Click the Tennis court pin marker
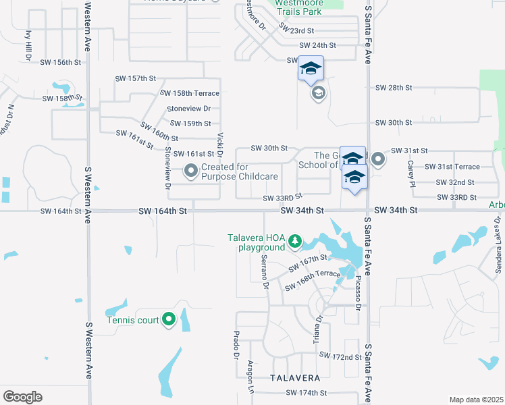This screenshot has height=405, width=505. pos(169,319)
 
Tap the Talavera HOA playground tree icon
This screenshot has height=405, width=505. pos(294,240)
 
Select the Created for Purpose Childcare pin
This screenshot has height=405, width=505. pos(191,171)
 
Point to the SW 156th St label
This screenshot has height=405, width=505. pos(61,62)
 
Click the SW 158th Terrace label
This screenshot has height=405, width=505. pos(190,93)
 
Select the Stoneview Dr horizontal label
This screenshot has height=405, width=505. pos(189,109)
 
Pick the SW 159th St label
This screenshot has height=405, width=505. pos(191,124)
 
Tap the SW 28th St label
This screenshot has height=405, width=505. pos(394,88)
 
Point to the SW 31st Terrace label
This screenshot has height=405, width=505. pos(452,167)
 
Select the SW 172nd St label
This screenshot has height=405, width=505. pos(340,356)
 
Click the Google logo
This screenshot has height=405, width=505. pos(22,397)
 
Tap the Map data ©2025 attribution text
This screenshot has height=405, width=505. pos(475,400)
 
